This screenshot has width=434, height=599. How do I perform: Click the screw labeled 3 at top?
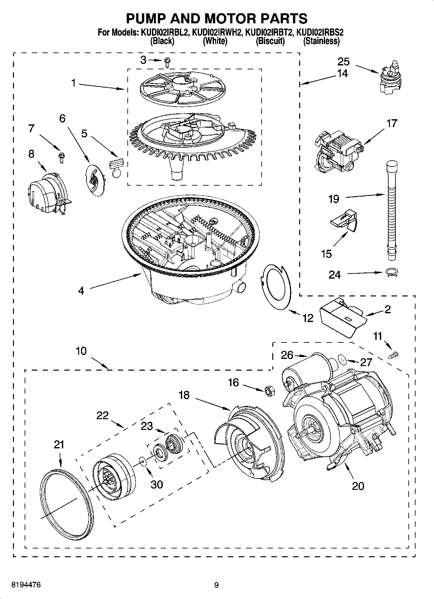pyautogui.click(x=168, y=62)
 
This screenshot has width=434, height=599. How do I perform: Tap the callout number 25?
pyautogui.click(x=344, y=61)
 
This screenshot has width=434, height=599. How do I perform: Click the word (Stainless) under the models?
pyautogui.click(x=321, y=41)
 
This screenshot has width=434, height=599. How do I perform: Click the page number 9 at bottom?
pyautogui.click(x=216, y=584)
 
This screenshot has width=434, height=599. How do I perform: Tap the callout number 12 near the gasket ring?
pyautogui.click(x=308, y=318)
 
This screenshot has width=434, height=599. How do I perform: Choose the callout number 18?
pyautogui.click(x=184, y=395)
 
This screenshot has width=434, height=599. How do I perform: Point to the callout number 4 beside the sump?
pyautogui.click(x=81, y=291)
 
